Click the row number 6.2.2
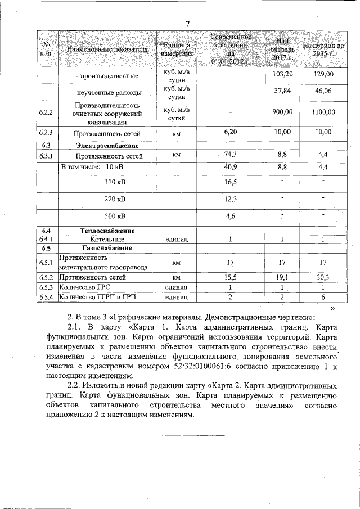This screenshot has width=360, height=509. coord(46,112)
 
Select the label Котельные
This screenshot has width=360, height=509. coord(98,239)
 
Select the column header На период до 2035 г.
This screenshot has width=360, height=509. coord(323,49)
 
